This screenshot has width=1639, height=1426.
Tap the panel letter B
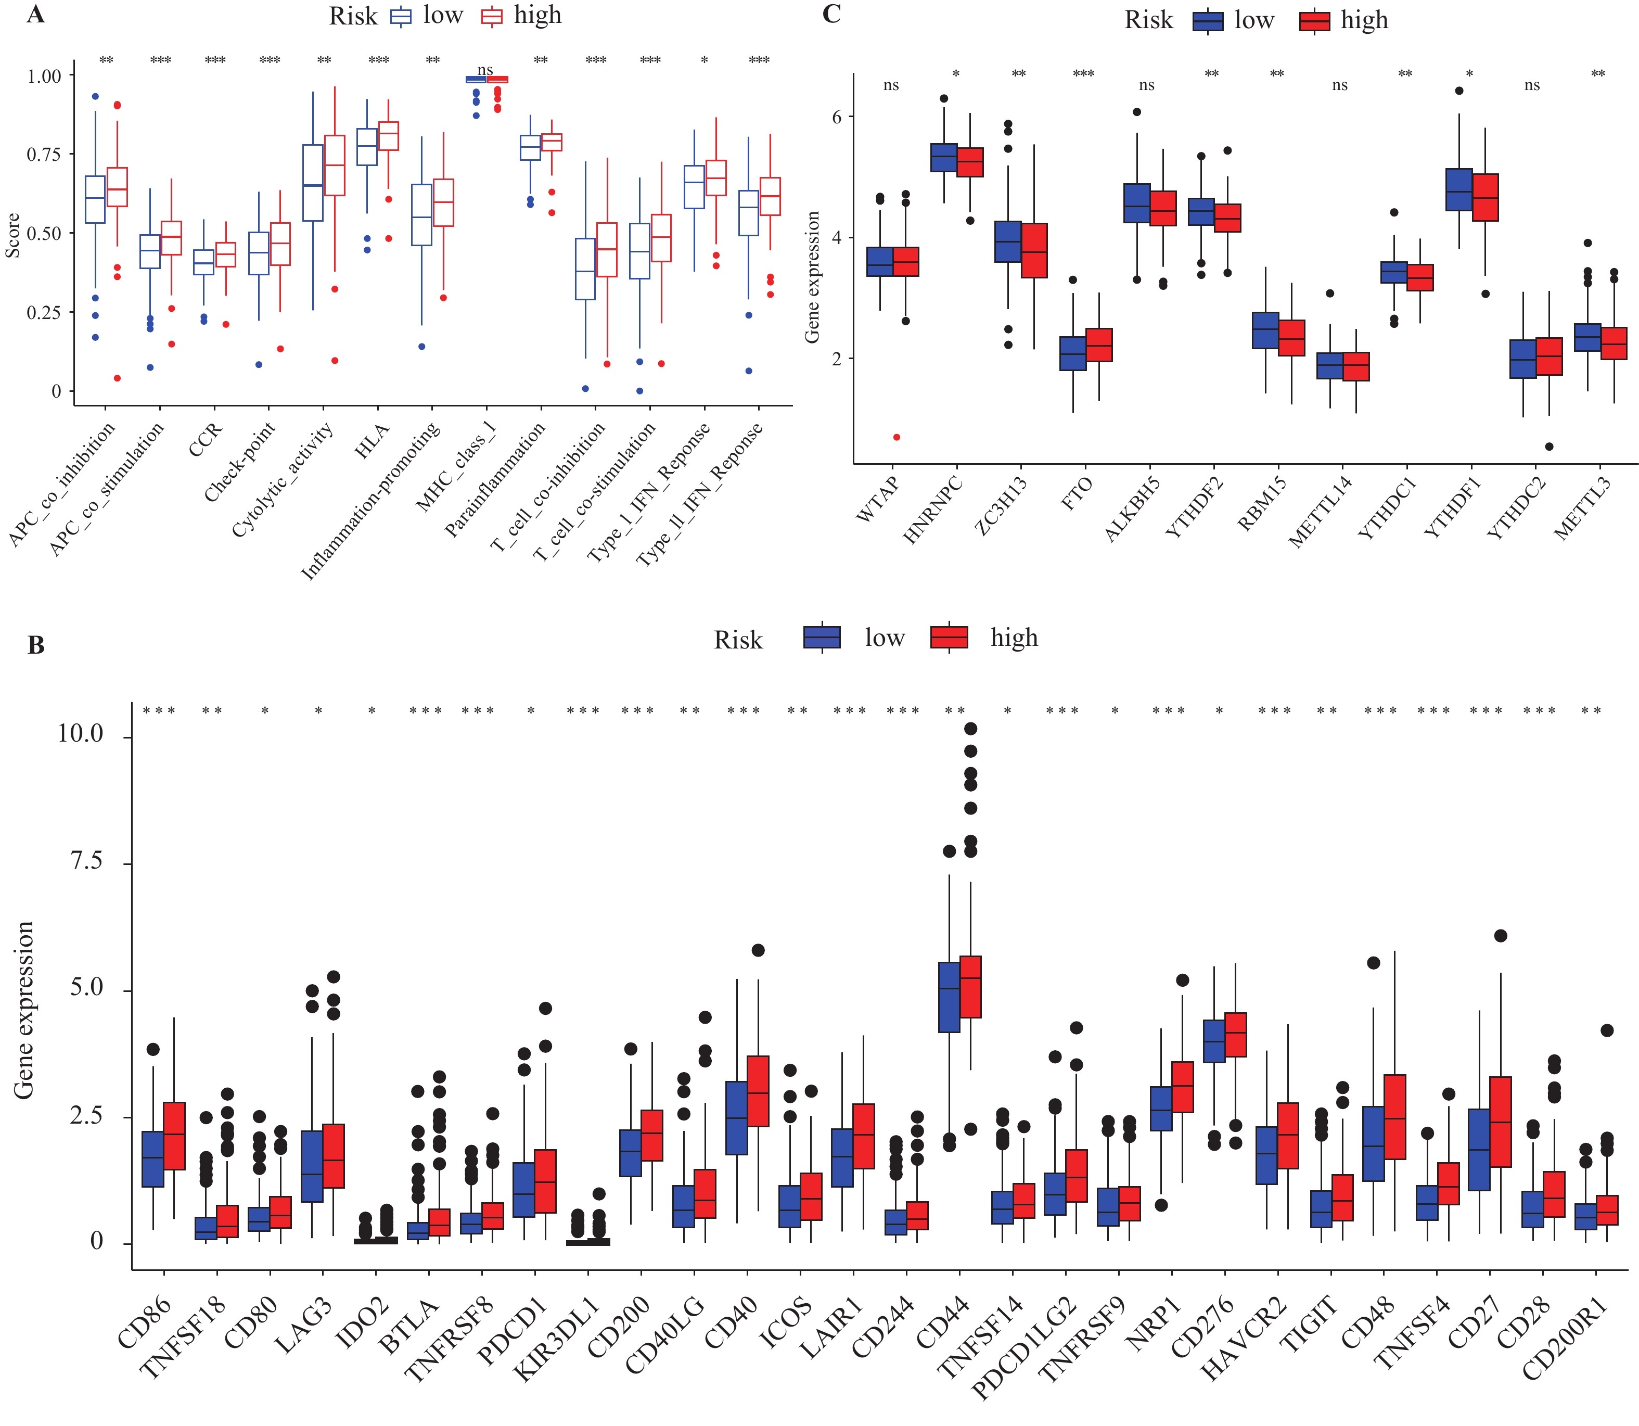pos(36,645)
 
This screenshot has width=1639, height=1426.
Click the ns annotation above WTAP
pos(891,85)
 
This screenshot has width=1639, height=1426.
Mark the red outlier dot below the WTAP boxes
pos(897,437)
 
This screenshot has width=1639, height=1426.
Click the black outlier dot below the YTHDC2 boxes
pos(1549,447)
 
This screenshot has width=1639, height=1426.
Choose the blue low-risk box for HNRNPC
pos(944,158)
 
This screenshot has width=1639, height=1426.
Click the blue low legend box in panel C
pos(1208,21)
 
